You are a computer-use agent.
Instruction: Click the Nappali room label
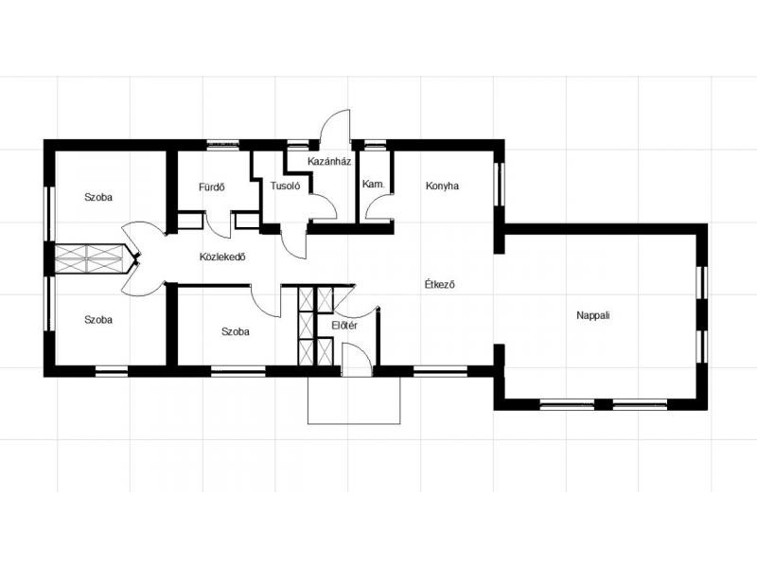[x=593, y=316]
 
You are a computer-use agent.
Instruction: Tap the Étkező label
[x=439, y=285]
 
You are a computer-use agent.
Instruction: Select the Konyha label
[x=442, y=186]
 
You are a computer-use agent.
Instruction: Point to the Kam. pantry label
[x=374, y=184]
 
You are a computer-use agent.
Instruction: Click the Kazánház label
[x=329, y=161]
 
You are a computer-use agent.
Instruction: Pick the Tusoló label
[x=286, y=186]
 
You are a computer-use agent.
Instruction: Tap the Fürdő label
[x=211, y=186]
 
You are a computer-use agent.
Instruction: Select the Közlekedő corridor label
[x=222, y=257]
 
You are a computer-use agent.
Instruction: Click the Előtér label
[x=344, y=326]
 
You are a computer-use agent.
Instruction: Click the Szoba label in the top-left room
[x=98, y=197]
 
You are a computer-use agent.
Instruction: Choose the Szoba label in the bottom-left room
[x=98, y=320]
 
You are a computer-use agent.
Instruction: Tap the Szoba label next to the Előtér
[x=236, y=332]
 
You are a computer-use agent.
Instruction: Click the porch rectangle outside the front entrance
[x=354, y=400]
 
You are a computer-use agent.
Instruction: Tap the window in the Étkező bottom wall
[x=440, y=372]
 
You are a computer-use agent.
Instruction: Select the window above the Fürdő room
[x=223, y=143]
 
